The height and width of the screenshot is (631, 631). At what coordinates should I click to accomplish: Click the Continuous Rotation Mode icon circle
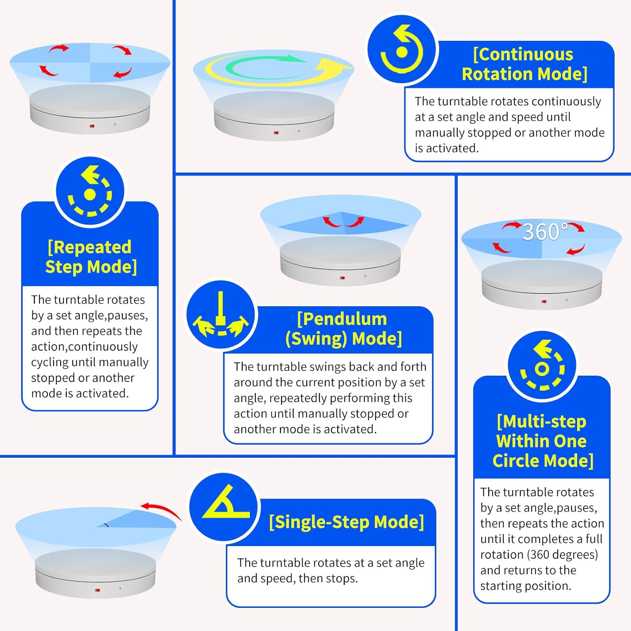point(402,50)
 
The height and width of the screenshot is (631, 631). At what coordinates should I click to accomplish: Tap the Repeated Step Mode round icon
point(90,192)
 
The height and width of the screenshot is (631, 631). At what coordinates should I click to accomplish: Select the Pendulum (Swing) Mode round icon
point(221,315)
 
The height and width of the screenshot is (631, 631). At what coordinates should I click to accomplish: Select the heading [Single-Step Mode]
point(347,522)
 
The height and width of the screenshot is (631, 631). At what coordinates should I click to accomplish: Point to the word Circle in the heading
point(517,461)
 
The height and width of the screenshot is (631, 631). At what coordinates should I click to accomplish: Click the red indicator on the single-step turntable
point(97,590)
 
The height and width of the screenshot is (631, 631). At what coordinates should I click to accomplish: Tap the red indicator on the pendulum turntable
point(342,278)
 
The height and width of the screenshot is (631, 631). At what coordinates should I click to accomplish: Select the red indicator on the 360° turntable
point(544,302)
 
